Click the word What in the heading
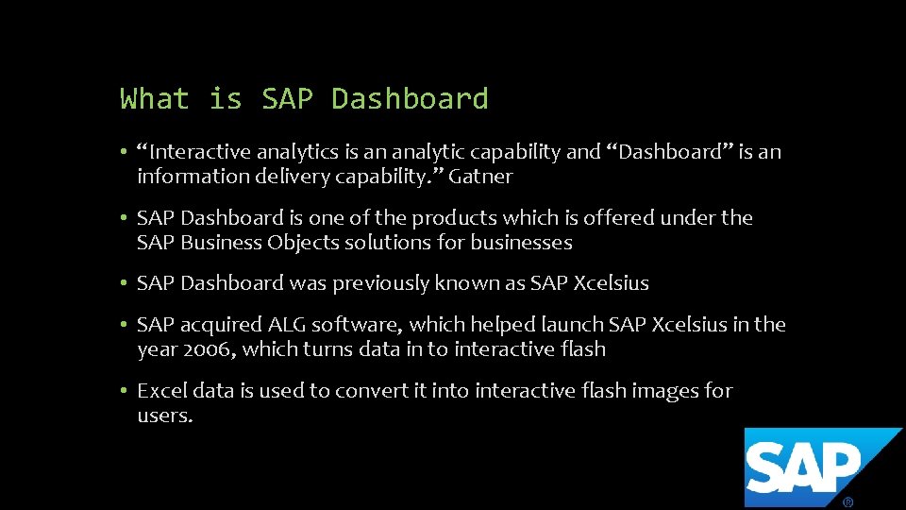click(155, 98)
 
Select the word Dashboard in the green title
click(410, 98)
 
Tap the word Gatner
click(480, 177)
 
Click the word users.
click(164, 416)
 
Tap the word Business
click(220, 243)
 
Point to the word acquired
click(222, 325)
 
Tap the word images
click(668, 391)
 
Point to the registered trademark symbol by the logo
click(847, 502)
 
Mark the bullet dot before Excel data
click(124, 391)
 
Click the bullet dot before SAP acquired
click(124, 325)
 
